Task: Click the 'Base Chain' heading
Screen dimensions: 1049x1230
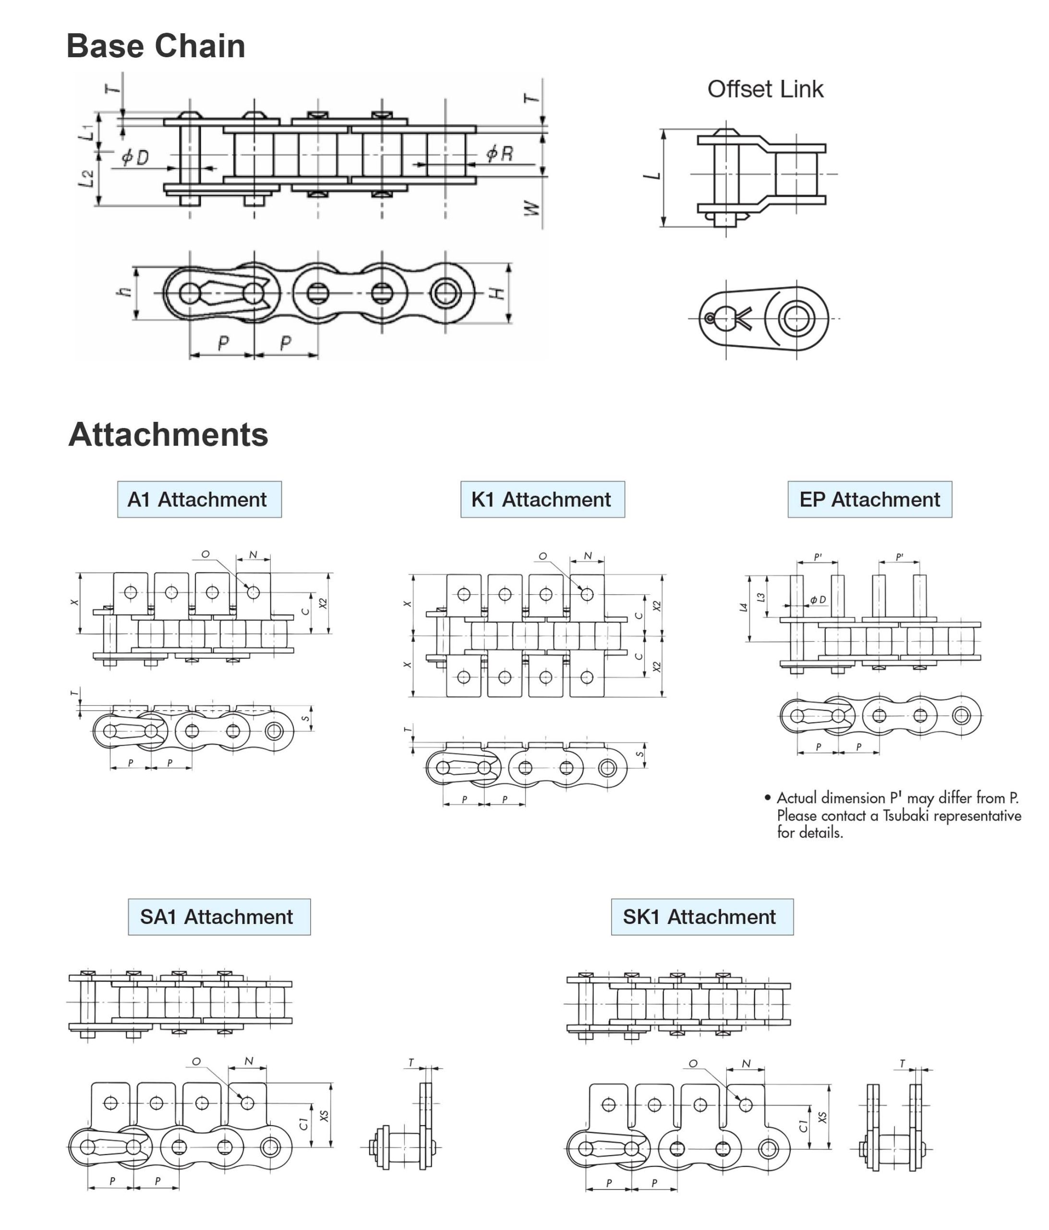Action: [156, 46]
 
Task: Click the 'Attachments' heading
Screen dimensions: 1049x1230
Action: [169, 434]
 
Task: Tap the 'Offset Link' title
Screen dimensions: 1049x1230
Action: [765, 89]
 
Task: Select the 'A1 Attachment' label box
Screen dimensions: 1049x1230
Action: [199, 499]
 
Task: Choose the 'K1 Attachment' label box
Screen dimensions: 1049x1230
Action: [543, 499]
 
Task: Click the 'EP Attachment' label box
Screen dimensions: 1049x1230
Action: [870, 499]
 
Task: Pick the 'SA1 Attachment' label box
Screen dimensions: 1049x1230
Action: [219, 917]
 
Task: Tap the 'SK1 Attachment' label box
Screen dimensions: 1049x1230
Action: [702, 917]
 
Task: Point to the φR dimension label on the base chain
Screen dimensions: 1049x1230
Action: [500, 154]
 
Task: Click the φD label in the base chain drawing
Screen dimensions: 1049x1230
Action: [135, 157]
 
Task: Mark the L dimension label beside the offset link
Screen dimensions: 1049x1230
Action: [652, 176]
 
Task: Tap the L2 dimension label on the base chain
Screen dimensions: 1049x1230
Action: [86, 179]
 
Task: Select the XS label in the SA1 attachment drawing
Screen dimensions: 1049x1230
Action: [324, 1116]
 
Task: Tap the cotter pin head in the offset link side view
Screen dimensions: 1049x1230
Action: [710, 319]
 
